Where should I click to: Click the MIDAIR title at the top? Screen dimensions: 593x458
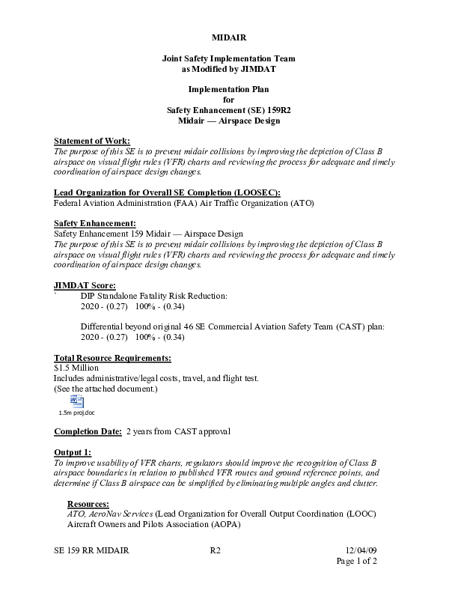[x=228, y=37]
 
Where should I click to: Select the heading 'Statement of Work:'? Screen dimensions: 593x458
[x=92, y=141]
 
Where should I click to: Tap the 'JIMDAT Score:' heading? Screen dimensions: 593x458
[x=85, y=285]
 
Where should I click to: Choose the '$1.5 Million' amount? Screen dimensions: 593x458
[x=76, y=368]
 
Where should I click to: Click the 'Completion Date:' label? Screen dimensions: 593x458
[x=88, y=432]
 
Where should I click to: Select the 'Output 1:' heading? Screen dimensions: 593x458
[x=73, y=453]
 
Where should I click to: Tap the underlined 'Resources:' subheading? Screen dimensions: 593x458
[x=88, y=504]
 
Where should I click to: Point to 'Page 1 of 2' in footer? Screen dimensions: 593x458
[x=356, y=561]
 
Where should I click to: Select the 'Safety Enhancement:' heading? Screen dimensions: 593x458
[x=95, y=224]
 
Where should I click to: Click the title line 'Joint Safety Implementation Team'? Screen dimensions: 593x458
[x=228, y=58]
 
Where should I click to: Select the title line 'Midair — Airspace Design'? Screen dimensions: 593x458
[x=228, y=120]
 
